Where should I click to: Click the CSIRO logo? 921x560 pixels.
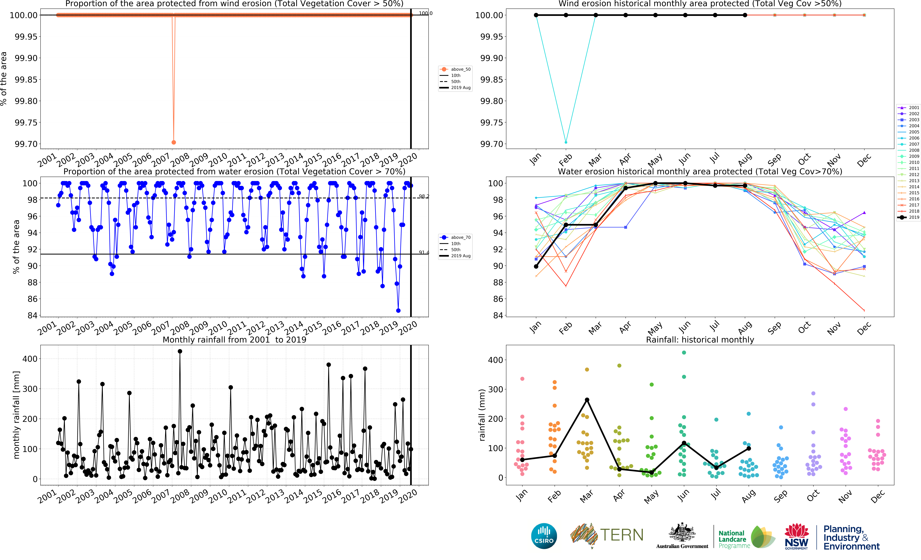pos(544,536)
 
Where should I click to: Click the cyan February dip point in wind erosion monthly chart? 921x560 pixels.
pos(566,142)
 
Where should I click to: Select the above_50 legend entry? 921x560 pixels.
pos(455,69)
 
